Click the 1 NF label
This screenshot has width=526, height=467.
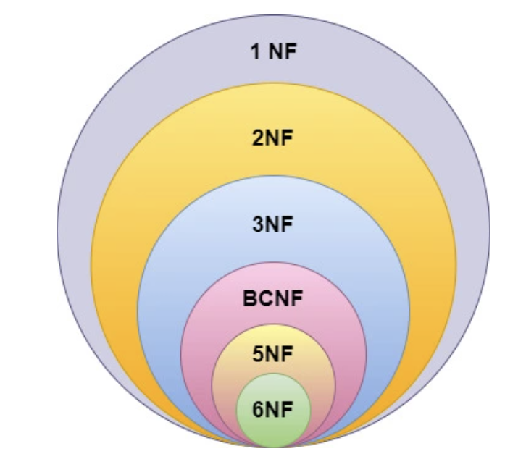[x=272, y=52]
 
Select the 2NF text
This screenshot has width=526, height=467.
[x=272, y=139]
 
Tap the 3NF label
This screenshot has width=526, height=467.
[x=272, y=224]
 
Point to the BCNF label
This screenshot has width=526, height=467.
[x=272, y=298]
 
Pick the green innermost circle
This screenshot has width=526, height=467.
[x=272, y=427]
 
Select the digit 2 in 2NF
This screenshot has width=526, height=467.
[x=258, y=139]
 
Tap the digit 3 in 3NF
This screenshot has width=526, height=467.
[x=258, y=224]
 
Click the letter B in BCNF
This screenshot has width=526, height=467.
[x=249, y=298]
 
